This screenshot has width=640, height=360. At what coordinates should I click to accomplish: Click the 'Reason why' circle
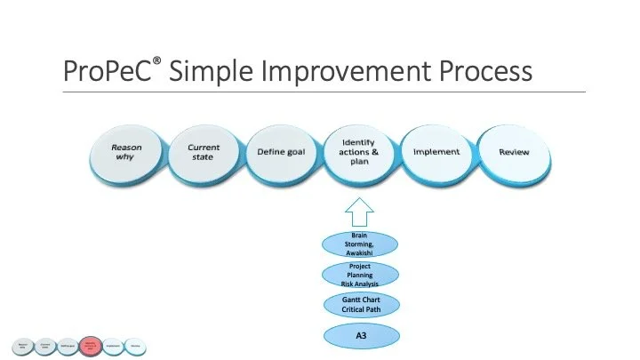(x=125, y=152)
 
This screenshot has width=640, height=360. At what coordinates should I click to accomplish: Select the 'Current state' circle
(x=204, y=152)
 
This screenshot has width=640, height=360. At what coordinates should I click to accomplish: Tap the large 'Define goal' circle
(x=281, y=152)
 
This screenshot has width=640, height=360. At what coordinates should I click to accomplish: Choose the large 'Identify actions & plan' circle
(x=359, y=152)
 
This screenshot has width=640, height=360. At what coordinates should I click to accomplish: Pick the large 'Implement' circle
(x=436, y=152)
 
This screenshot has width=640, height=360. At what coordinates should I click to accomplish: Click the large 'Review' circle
(x=514, y=152)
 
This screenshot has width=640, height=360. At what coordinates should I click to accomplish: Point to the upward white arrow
(x=359, y=213)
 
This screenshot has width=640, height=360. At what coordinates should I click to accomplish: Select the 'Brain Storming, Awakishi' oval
(x=359, y=244)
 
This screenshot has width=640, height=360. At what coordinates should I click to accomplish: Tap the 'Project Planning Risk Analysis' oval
(x=359, y=275)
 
